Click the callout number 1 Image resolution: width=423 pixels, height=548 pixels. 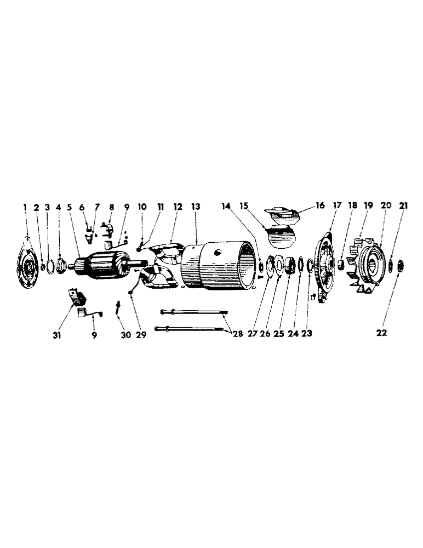pyautogui.click(x=25, y=207)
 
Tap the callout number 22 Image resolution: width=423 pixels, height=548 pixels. pyautogui.click(x=381, y=333)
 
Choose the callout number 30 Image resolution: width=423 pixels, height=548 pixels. pyautogui.click(x=126, y=334)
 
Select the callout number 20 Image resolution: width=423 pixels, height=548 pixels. pyautogui.click(x=385, y=206)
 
